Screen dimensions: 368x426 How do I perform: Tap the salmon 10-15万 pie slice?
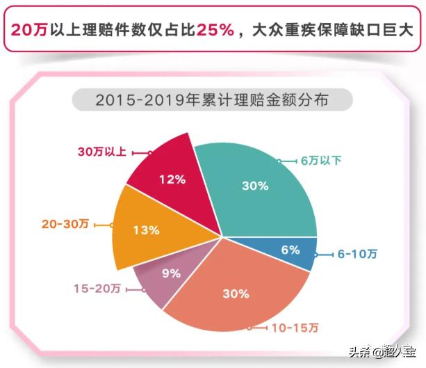[x=236, y=296]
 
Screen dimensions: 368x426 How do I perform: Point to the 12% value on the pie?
[x=172, y=179]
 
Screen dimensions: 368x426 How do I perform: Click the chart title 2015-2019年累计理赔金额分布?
[x=213, y=100]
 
